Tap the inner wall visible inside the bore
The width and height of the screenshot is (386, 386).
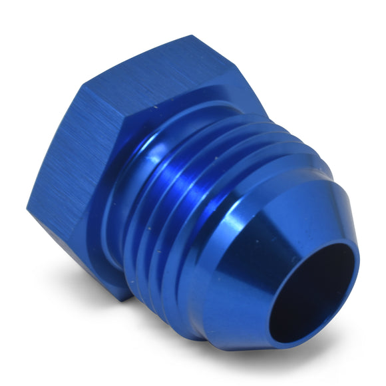pos(333,266)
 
